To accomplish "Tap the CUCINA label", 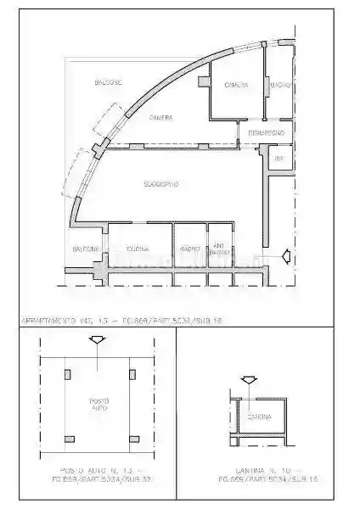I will pyautogui.click(x=138, y=249).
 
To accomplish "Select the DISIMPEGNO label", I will pyautogui.click(x=270, y=133).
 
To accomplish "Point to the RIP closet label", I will pyautogui.click(x=278, y=158).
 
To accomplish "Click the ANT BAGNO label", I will pyautogui.click(x=218, y=249).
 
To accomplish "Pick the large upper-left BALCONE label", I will pyautogui.click(x=106, y=81).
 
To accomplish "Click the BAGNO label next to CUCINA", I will pyautogui.click(x=188, y=249).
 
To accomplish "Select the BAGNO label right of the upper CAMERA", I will pyautogui.click(x=280, y=86).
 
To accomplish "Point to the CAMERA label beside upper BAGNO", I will pyautogui.click(x=236, y=86).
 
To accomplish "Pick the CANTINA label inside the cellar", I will pyautogui.click(x=259, y=417).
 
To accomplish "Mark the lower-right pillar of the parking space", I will pyautogui.click(x=132, y=438).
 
